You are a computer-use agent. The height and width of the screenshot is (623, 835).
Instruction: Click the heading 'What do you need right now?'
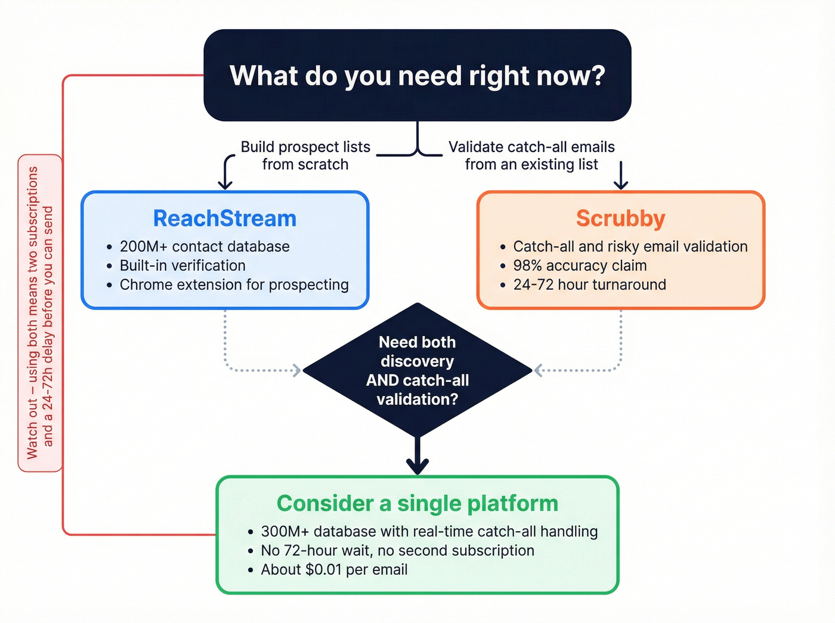(417, 76)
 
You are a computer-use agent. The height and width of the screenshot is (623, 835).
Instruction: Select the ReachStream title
(225, 219)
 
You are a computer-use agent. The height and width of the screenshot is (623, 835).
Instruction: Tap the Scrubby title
(620, 219)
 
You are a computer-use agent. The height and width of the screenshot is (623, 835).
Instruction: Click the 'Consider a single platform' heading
(417, 504)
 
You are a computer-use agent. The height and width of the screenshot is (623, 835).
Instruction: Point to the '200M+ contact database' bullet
(205, 247)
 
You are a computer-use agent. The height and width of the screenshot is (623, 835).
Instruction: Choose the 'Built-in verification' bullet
(183, 266)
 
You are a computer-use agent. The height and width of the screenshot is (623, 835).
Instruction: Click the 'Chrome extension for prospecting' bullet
(234, 285)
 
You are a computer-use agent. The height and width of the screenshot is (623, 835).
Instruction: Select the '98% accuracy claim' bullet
(580, 266)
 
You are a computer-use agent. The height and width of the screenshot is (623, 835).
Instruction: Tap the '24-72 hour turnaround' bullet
(589, 285)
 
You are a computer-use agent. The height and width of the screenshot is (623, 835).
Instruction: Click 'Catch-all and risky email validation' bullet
(630, 247)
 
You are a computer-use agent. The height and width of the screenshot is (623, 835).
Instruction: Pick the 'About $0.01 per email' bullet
(334, 570)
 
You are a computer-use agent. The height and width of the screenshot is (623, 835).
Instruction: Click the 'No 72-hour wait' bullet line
(397, 551)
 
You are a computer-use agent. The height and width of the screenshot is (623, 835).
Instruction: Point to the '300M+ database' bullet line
(429, 532)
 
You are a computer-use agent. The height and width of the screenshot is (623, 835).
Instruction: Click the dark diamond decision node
(417, 370)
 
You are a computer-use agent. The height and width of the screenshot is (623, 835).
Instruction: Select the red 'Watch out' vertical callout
(40, 313)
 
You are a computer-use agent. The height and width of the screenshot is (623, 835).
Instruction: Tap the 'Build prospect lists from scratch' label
(305, 156)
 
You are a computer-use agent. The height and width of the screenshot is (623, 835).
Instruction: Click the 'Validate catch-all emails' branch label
(531, 156)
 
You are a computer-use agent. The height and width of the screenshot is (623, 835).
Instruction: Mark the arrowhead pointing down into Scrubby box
(621, 184)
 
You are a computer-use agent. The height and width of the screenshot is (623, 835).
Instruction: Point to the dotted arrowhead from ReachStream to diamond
(296, 370)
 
